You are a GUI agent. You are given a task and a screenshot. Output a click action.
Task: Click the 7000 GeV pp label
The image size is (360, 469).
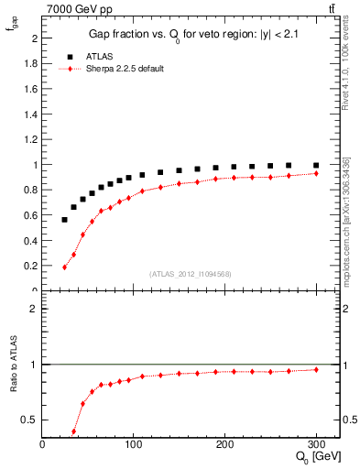77,8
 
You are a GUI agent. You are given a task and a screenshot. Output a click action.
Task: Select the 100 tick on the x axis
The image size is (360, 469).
134,444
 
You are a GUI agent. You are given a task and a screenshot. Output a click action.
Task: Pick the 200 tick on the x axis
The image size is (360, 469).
224,444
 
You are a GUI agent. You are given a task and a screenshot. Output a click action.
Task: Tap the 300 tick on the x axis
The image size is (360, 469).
316,444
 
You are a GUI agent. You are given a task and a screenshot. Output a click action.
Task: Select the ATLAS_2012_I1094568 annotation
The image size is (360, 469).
191,274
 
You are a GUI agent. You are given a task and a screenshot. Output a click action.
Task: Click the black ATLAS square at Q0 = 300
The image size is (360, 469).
316,166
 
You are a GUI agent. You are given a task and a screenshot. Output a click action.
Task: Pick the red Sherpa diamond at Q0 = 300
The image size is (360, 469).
316,173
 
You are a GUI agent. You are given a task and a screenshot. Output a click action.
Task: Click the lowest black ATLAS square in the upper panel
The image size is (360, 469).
65,220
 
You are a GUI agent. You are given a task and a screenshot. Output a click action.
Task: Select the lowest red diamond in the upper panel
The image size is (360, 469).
65,267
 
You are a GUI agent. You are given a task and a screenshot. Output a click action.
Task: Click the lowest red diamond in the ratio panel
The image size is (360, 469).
74,431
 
